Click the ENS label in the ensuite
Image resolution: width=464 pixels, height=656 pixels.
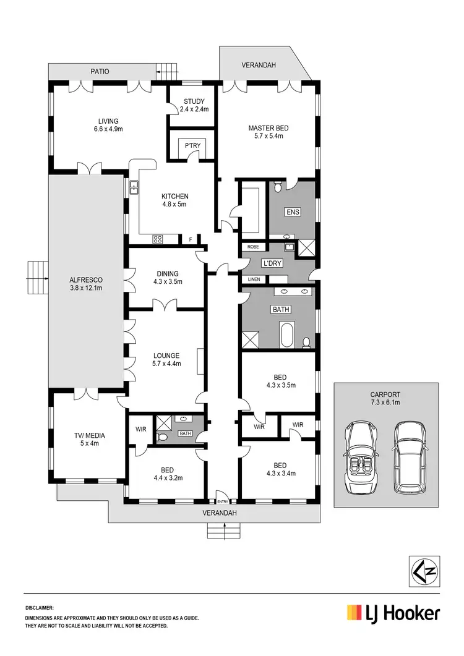pos(292,212)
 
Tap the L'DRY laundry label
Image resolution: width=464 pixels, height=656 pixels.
pos(273,263)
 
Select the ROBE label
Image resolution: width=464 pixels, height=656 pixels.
pos(253,247)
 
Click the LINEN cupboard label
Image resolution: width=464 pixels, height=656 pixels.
pos(254,279)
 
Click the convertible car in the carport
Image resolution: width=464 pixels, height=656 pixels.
pos(359,456)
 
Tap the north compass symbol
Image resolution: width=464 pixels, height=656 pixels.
pos(424,570)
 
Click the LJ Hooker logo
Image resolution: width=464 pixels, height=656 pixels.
pos(393,613)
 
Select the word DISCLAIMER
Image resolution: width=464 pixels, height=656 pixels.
pos(40,608)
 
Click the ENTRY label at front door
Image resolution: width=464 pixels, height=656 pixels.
pos(221,501)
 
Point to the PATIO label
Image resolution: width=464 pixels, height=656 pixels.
pos(99,72)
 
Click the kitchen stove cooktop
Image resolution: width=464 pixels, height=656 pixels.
pos(158,239)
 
